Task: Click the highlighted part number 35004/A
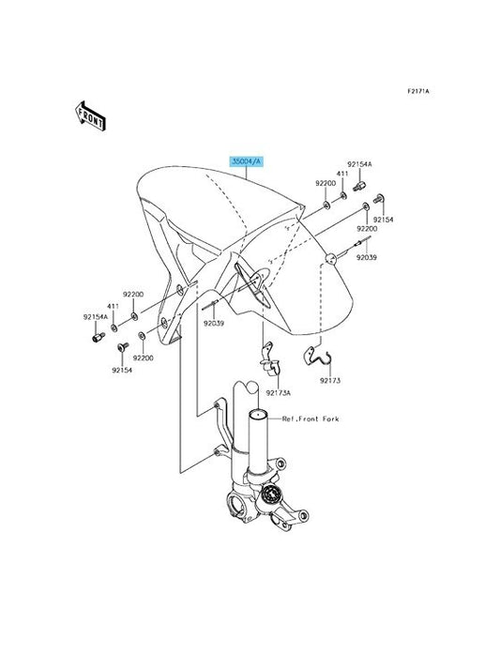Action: coord(247,161)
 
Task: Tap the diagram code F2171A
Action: coord(418,91)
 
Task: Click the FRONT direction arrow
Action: coord(90,115)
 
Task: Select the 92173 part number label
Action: coord(330,380)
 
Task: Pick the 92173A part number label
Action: coord(279,393)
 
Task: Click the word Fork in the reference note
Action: coord(330,418)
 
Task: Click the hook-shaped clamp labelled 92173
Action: coord(316,356)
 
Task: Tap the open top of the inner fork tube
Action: coord(258,414)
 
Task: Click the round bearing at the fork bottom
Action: coord(272,494)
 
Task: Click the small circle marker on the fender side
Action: coord(331,259)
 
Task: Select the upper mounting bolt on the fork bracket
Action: coord(217,405)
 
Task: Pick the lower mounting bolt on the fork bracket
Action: coord(217,451)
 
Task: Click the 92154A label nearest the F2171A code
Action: coord(359,164)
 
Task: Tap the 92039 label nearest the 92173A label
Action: coord(214,323)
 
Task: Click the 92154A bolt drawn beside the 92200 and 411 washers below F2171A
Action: coord(359,186)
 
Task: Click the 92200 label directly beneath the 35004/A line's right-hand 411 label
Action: coord(326,183)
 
